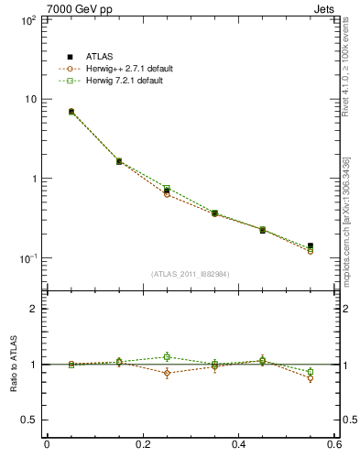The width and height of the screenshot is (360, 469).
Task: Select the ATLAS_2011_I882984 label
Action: (x=191, y=274)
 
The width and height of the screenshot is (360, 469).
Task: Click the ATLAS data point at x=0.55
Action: (x=311, y=246)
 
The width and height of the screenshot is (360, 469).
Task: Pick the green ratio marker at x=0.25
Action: (x=167, y=357)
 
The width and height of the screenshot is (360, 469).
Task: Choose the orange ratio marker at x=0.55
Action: (x=311, y=378)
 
